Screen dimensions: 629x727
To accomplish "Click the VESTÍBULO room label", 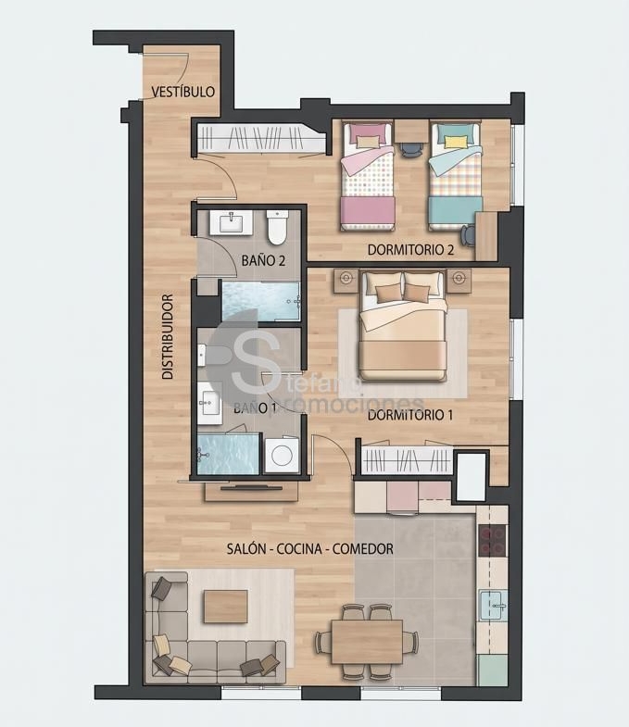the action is pos(183,92).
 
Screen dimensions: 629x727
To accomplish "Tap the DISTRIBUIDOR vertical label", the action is pos(168,336).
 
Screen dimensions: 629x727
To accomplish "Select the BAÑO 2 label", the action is pos(263,260).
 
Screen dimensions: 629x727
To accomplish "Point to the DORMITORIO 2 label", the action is pos(410,249).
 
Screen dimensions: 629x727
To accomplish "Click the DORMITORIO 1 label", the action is pos(410,415).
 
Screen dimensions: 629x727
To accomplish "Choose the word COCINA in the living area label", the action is pos(299,549).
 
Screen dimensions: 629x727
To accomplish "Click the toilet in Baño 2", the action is pos(278,227).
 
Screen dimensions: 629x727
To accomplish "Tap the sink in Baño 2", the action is pos(231,222).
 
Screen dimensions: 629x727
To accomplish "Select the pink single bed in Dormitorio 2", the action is pos(369,176).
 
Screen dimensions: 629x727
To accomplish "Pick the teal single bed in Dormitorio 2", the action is pos(455,176).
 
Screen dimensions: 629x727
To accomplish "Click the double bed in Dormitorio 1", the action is pos(403,326).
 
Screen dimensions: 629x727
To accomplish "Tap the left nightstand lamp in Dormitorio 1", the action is pos(346,278).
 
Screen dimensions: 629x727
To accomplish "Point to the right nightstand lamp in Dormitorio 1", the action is pos(459,278).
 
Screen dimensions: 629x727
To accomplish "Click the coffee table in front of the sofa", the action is pos(225,607).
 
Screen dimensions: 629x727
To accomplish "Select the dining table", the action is pos(367,642).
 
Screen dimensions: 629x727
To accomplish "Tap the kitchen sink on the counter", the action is pos(494,606).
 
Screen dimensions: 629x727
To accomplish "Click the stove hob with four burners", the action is pos(493,540).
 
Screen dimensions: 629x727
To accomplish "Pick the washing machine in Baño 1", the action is pos(282,455).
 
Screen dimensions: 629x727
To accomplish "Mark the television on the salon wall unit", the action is pos(251,488).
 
